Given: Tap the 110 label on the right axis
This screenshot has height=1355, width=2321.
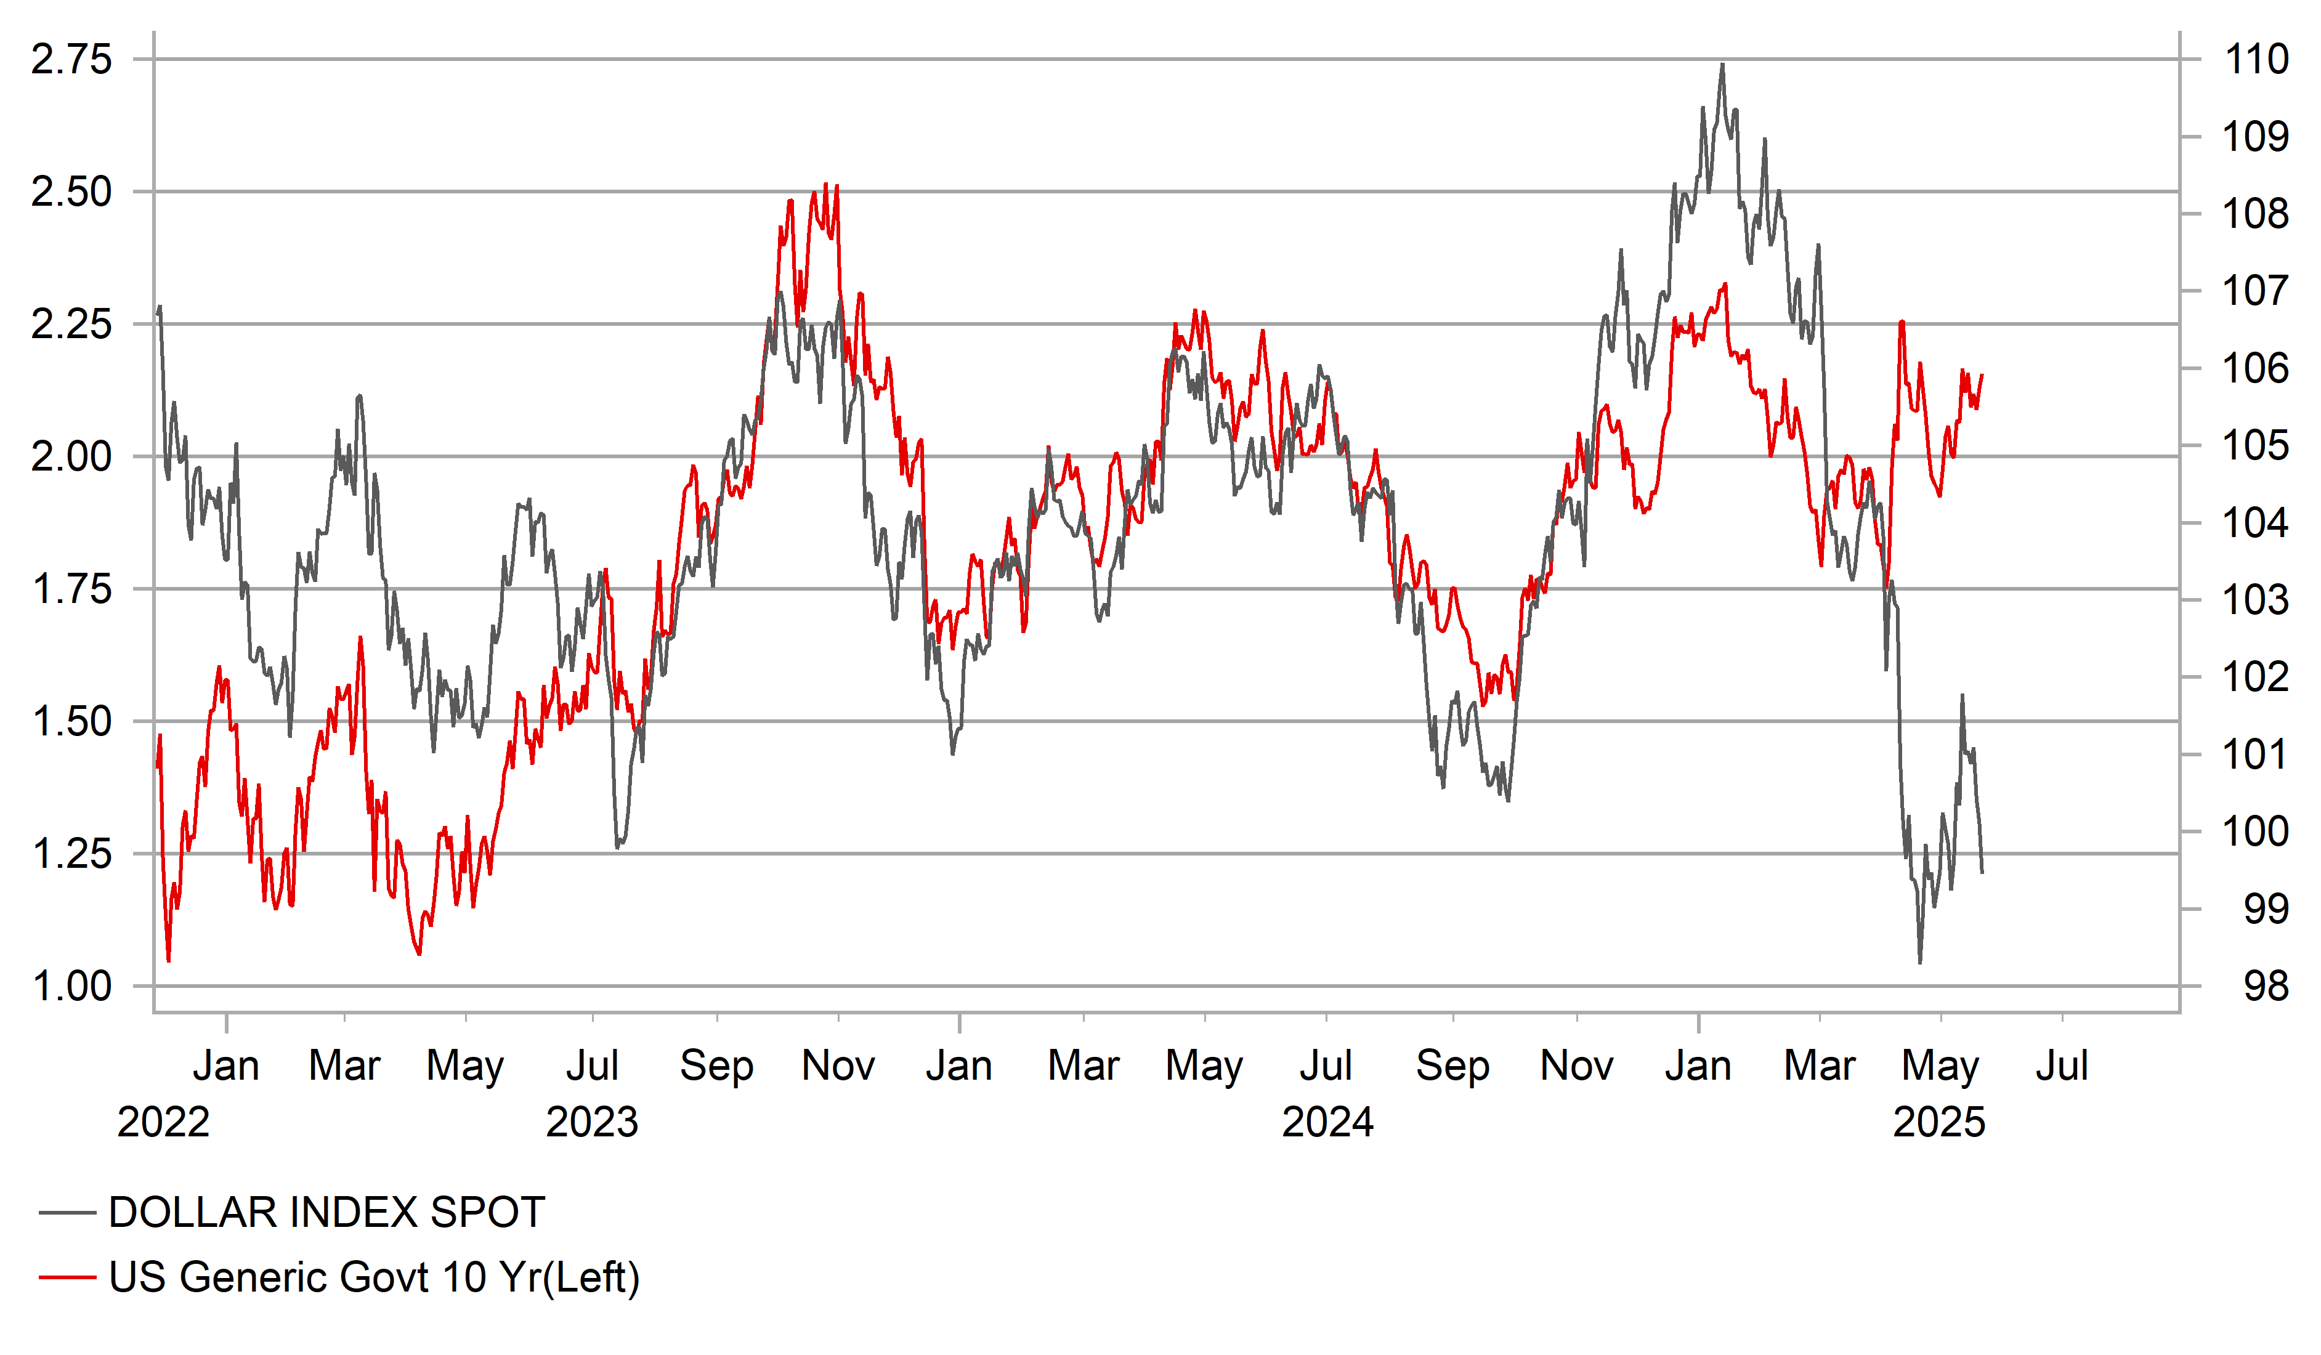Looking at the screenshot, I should coord(2256,60).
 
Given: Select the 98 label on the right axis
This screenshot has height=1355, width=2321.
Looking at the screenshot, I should coord(2266,987).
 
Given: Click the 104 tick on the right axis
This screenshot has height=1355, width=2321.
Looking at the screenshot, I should coord(2256,523).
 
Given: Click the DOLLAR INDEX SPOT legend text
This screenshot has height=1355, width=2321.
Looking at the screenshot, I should coord(327,1212).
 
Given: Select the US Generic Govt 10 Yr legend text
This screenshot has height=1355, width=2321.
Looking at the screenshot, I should coord(374,1277).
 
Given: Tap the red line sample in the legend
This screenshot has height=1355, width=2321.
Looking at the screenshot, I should coord(67,1277).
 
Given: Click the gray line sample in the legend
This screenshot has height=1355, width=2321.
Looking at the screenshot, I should coord(67,1213).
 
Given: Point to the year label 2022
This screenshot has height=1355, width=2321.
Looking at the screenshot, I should coord(163,1122).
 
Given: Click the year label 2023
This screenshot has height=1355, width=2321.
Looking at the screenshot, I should coord(591,1122).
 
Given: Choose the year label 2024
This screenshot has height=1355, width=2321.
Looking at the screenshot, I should coord(1327,1122).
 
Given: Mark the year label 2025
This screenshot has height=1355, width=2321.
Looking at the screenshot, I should coord(1938,1122).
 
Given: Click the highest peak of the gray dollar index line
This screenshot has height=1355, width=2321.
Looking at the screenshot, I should coord(1722,65).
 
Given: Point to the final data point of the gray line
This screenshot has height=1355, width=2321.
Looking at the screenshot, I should coord(1982,872).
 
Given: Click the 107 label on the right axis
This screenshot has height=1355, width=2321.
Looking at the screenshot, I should coord(2256,291).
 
